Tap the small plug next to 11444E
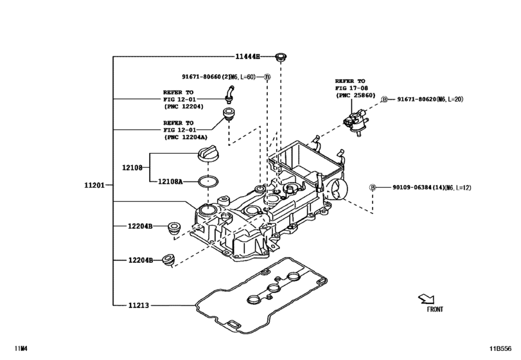click(280, 58)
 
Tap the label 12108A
click(170, 182)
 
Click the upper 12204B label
click(139, 226)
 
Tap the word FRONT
click(435, 309)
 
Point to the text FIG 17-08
click(351, 87)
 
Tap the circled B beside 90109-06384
click(372, 187)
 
